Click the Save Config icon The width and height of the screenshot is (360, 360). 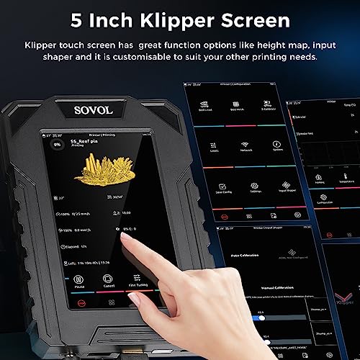coord(202,187)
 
